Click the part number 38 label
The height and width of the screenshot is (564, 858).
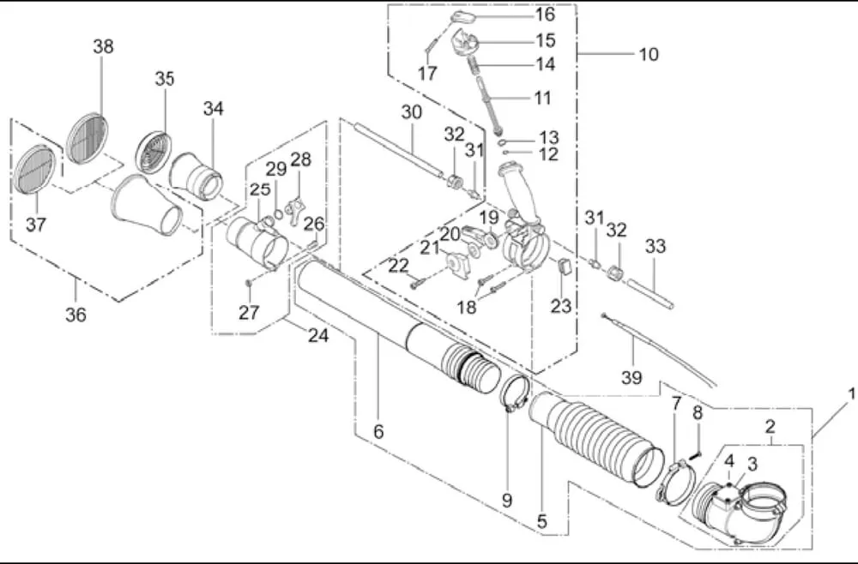[x=103, y=46]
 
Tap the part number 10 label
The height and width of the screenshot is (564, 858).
[x=649, y=55]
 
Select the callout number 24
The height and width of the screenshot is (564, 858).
[x=318, y=335]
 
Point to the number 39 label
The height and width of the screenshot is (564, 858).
[x=631, y=377]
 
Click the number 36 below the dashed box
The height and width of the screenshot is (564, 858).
[x=76, y=315]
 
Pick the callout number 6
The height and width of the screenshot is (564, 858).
[x=378, y=432]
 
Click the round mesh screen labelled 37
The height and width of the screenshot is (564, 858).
[x=34, y=170]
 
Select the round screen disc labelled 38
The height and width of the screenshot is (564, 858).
[x=87, y=139]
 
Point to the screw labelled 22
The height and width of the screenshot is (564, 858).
[x=418, y=283]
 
